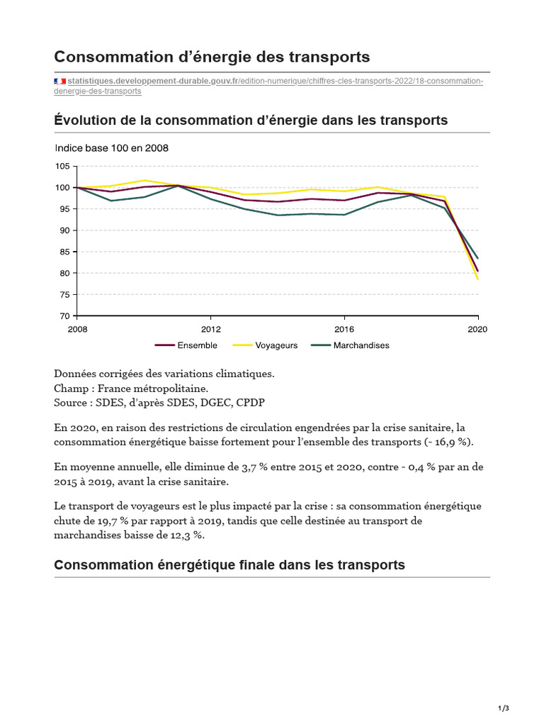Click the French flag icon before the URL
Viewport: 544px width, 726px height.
59,82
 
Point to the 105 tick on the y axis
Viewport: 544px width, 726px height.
62,166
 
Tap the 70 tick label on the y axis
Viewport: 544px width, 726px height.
64,316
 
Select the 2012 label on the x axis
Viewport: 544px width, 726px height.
210,329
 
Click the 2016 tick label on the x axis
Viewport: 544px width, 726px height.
344,329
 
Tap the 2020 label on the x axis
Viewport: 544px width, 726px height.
477,329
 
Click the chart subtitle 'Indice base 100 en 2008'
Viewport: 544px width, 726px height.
112,148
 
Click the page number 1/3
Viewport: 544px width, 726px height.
504,708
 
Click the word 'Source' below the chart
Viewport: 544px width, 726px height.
70,402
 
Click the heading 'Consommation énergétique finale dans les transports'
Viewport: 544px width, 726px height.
229,565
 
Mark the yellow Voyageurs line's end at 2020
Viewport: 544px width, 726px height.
478,279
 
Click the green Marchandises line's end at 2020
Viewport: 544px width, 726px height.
478,258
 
